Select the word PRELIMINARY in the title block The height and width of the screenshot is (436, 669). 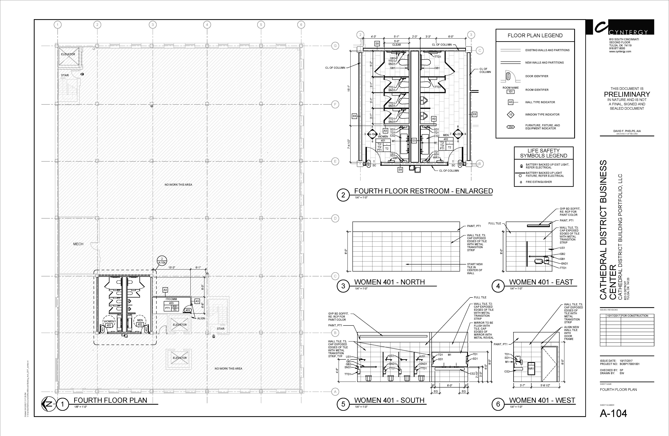(627, 94)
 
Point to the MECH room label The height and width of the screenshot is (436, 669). (78, 244)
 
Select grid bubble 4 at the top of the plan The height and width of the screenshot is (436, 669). (207, 25)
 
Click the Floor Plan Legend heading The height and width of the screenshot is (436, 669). (535, 35)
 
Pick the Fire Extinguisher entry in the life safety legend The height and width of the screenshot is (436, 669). (539, 182)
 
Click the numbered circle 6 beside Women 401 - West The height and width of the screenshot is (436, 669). (498, 404)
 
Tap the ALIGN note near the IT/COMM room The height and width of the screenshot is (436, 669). (201, 318)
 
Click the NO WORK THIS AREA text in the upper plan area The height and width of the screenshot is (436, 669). (178, 185)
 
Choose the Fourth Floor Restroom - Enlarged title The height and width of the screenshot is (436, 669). (423, 191)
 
